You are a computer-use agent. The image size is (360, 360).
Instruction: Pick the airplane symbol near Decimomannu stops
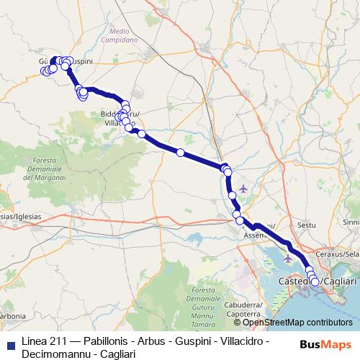[x=243, y=189]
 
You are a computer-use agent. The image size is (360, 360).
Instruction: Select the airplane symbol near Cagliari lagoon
[x=289, y=258]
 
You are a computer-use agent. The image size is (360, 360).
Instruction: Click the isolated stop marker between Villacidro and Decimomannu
[x=181, y=152]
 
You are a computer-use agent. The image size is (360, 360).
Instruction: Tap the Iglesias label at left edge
[x=20, y=216]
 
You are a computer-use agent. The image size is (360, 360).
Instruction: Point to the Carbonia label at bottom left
[x=11, y=315]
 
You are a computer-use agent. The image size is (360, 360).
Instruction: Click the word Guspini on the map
[x=81, y=63]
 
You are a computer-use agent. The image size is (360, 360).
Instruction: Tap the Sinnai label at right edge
[x=351, y=222]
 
